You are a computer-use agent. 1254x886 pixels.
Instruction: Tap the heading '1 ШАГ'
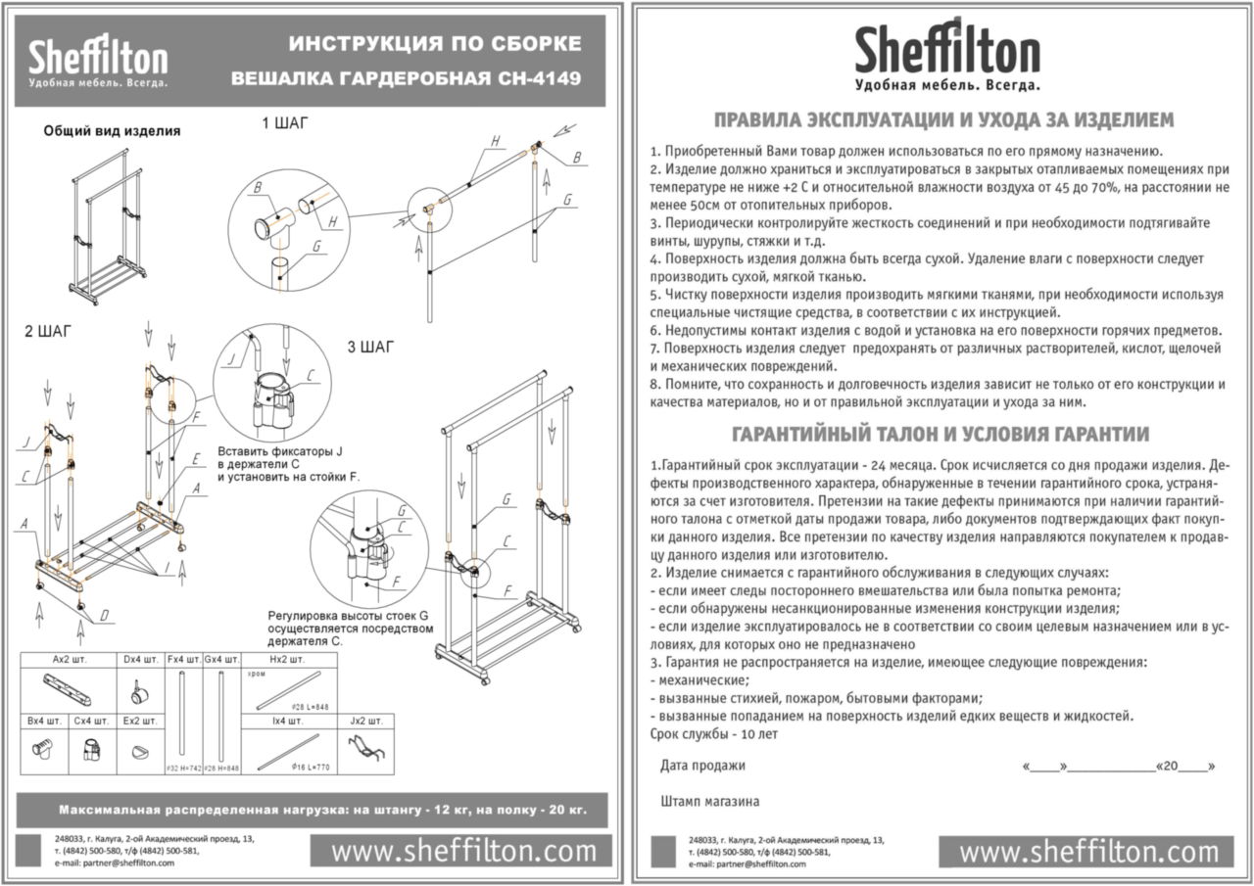[x=285, y=123]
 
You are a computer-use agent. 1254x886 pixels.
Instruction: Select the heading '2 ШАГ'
[x=48, y=331]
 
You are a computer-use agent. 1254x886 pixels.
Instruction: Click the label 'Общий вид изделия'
[x=112, y=130]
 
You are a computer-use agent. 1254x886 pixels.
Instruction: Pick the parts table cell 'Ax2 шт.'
[x=69, y=660]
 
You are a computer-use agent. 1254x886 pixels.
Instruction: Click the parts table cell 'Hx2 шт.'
[x=289, y=660]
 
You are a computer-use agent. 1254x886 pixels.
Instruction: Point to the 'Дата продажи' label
[x=702, y=766]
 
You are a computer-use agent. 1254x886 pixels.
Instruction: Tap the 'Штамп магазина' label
[x=710, y=801]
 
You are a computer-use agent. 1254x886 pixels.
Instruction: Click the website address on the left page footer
[x=463, y=852]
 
